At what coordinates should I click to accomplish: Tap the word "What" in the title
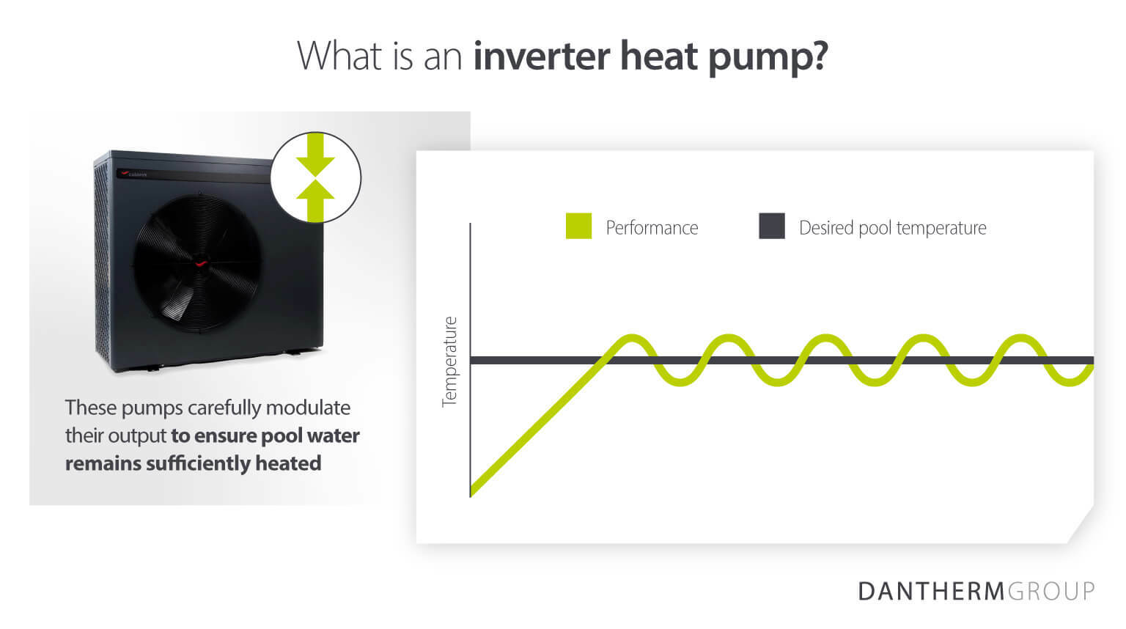[339, 56]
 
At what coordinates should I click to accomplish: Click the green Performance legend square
[578, 227]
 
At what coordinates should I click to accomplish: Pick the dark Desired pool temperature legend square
[771, 227]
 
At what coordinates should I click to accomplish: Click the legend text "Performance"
[652, 228]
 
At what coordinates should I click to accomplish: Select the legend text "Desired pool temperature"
[892, 228]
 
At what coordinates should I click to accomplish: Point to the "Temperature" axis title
[449, 361]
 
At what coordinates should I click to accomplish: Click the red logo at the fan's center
[200, 262]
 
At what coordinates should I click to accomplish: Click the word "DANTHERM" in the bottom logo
[931, 591]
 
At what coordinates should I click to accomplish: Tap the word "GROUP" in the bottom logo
[1051, 591]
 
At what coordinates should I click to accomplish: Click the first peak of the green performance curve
[630, 339]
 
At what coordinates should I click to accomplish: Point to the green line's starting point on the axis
[472, 491]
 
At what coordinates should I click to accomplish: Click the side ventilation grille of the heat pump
[102, 264]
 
